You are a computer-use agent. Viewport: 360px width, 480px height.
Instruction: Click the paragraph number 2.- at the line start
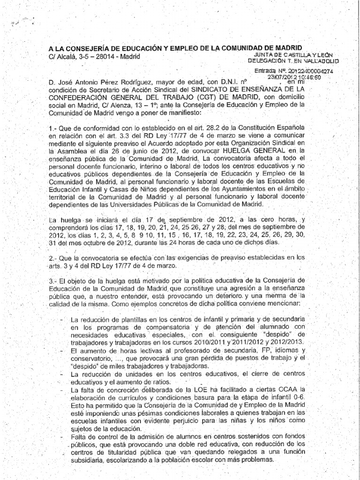[53, 258]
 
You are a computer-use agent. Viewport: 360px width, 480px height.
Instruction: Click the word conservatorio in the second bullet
[89, 358]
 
